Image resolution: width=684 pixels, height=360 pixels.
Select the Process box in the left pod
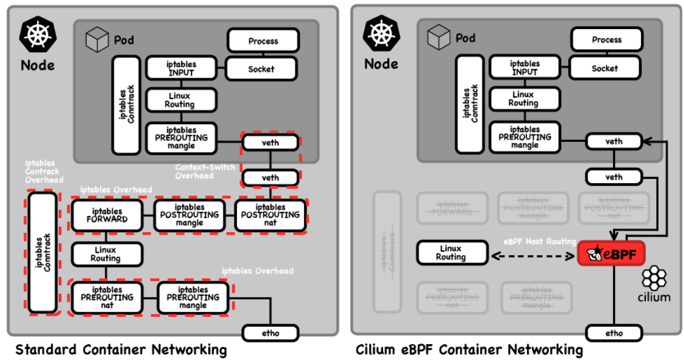coord(263,41)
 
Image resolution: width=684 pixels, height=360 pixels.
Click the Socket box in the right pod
coord(605,68)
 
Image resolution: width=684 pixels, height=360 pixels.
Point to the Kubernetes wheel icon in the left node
coord(38,33)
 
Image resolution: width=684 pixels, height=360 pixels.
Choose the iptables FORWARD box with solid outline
coord(107,215)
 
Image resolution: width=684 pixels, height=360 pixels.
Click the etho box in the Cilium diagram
coord(614,333)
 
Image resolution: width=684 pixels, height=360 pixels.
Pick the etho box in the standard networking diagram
coord(270,333)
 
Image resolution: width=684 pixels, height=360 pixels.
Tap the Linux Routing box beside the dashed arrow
coord(452,253)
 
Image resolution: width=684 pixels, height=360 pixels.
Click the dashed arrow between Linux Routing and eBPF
coord(531,256)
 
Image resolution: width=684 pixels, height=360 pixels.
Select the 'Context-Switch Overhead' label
coord(205,172)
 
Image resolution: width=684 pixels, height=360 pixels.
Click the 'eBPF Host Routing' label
coord(540,241)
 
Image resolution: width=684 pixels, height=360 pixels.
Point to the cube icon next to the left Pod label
coord(97,41)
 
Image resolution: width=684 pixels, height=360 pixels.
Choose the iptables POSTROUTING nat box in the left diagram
coord(270,215)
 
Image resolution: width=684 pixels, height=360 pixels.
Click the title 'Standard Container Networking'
coord(121,350)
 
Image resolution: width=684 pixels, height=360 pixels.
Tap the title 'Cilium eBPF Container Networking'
coord(470,350)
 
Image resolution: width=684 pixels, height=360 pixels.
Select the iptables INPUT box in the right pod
coord(524,67)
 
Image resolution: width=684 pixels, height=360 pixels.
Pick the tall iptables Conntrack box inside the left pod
coord(126,105)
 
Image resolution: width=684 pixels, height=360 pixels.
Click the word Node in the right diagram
coord(381,64)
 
